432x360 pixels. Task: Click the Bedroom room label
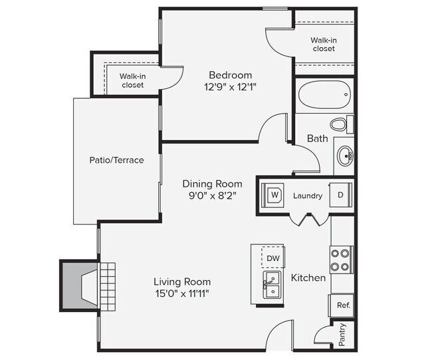coord(230,74)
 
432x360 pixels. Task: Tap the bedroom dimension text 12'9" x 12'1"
coord(230,86)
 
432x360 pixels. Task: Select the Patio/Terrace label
coord(116,160)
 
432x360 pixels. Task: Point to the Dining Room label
coord(213,183)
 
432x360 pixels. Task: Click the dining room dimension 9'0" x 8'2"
coord(213,195)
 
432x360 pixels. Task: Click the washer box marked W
coord(273,195)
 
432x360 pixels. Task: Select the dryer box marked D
coord(341,195)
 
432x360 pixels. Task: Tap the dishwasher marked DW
coord(273,257)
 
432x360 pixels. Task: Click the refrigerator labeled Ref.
coord(343,306)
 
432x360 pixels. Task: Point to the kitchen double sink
coord(272,284)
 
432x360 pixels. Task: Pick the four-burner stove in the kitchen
coord(341,259)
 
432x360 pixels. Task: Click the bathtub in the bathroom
coord(324,96)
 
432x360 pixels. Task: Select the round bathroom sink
coord(345,157)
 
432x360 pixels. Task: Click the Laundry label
coord(308,196)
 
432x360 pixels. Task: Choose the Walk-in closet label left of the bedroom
coord(132,80)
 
